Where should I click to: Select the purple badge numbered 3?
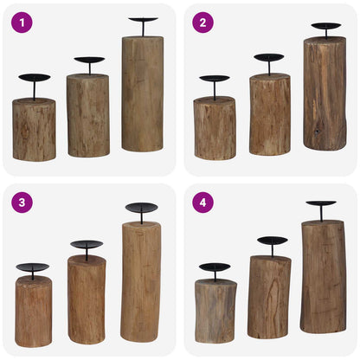[22, 202]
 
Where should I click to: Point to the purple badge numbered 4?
[202, 202]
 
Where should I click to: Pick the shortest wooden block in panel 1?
[34, 129]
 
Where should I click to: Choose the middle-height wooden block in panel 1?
[87, 115]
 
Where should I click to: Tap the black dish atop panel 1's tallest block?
[143, 20]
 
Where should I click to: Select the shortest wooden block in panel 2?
[215, 128]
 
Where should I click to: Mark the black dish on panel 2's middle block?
[269, 58]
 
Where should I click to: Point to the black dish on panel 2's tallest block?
[326, 26]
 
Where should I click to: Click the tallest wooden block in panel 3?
[141, 280]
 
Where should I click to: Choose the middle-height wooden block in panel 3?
[87, 299]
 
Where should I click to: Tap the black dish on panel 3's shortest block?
[33, 268]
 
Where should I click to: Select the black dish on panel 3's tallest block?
[142, 208]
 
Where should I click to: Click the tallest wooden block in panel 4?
[323, 276]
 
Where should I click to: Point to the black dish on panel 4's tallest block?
[321, 204]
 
